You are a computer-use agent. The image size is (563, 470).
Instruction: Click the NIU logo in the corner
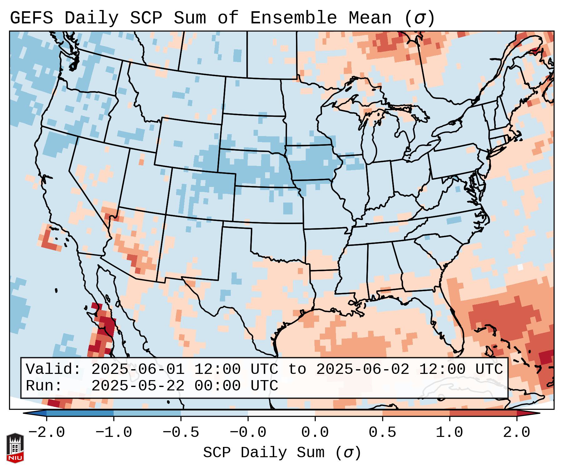(x=15, y=448)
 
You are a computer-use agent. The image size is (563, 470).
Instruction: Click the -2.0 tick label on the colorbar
(x=47, y=433)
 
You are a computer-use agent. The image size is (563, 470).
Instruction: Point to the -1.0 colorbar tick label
(x=114, y=433)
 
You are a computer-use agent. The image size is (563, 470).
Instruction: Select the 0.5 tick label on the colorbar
(x=383, y=433)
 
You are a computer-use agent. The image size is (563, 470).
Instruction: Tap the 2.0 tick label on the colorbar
(x=517, y=433)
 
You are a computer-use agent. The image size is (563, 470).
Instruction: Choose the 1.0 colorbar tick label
(x=450, y=433)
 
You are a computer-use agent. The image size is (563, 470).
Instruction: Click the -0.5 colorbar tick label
(x=181, y=433)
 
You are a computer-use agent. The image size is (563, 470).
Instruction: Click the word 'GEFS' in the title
(x=32, y=18)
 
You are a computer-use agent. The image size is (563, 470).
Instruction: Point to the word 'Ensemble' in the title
(x=294, y=18)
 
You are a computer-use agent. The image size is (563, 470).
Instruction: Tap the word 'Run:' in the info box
(x=44, y=386)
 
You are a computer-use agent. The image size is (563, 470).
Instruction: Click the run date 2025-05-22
(x=138, y=386)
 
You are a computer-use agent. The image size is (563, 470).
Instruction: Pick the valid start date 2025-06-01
(x=138, y=369)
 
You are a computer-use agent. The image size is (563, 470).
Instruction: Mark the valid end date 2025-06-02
(x=363, y=369)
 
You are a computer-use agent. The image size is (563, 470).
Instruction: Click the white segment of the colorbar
(x=281, y=413)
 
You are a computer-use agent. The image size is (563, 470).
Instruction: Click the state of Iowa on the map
(x=312, y=162)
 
